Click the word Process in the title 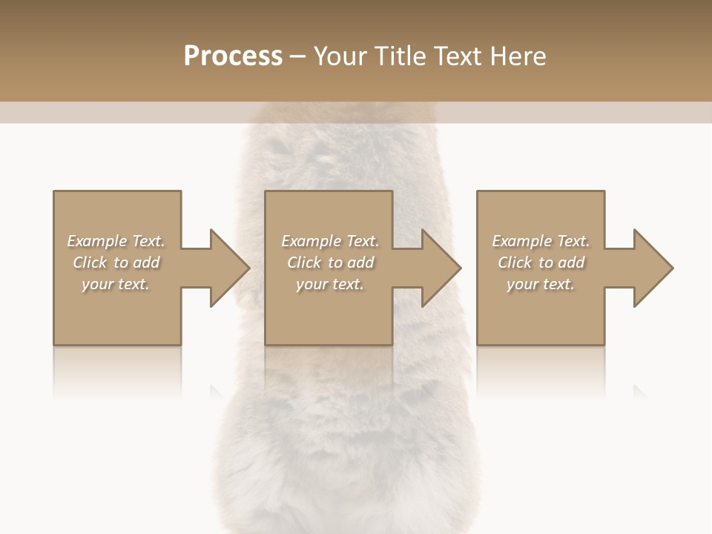(233, 56)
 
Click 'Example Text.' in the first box (116, 241)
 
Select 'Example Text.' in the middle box (330, 241)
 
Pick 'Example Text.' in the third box (541, 241)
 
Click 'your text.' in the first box (116, 284)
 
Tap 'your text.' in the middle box (330, 284)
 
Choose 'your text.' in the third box (541, 284)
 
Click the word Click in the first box (90, 263)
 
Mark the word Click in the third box (515, 263)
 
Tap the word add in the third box (572, 263)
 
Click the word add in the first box (147, 263)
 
